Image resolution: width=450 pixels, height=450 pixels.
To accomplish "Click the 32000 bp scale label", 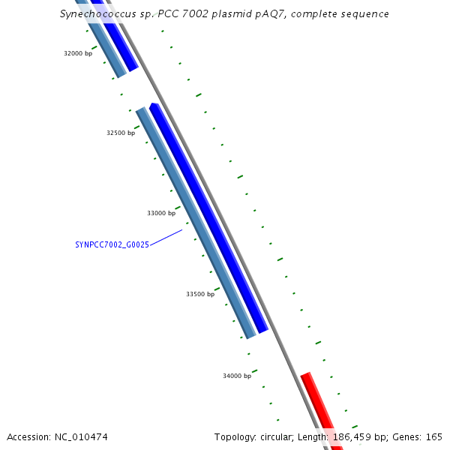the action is pyautogui.click(x=78, y=53).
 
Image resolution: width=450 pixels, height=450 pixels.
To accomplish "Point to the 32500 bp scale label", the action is pyautogui.click(x=121, y=133).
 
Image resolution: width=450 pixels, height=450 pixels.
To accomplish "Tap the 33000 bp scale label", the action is pyautogui.click(x=161, y=213).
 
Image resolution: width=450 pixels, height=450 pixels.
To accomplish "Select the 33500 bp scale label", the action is pyautogui.click(x=200, y=294).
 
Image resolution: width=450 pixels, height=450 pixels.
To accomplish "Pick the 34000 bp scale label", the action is pyautogui.click(x=237, y=376).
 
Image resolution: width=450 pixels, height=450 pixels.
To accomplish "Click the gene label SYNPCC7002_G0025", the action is pyautogui.click(x=112, y=244).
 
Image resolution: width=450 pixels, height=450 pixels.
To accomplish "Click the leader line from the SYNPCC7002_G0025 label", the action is pyautogui.click(x=166, y=238).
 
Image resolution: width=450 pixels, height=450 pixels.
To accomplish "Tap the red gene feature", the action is pyautogui.click(x=322, y=410).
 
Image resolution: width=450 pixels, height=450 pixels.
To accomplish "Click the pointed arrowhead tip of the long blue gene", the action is pyautogui.click(x=153, y=103).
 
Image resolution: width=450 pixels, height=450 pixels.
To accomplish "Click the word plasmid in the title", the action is pyautogui.click(x=231, y=14).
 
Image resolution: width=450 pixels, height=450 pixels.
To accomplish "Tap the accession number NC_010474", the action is pyautogui.click(x=81, y=437).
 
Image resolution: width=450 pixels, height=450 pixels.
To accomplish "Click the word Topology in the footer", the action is pyautogui.click(x=235, y=437).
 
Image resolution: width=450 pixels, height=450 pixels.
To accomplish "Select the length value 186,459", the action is pyautogui.click(x=352, y=437).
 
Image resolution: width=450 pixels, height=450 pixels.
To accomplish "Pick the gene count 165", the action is pyautogui.click(x=434, y=437).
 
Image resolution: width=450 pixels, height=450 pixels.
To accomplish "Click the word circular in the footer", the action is pyautogui.click(x=277, y=437).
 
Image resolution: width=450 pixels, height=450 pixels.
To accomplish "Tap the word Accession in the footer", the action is pyautogui.click(x=29, y=437).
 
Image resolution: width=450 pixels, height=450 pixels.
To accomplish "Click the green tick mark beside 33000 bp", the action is pyautogui.click(x=178, y=208).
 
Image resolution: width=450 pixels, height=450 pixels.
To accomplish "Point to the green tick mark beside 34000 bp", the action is pyautogui.click(x=254, y=371).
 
